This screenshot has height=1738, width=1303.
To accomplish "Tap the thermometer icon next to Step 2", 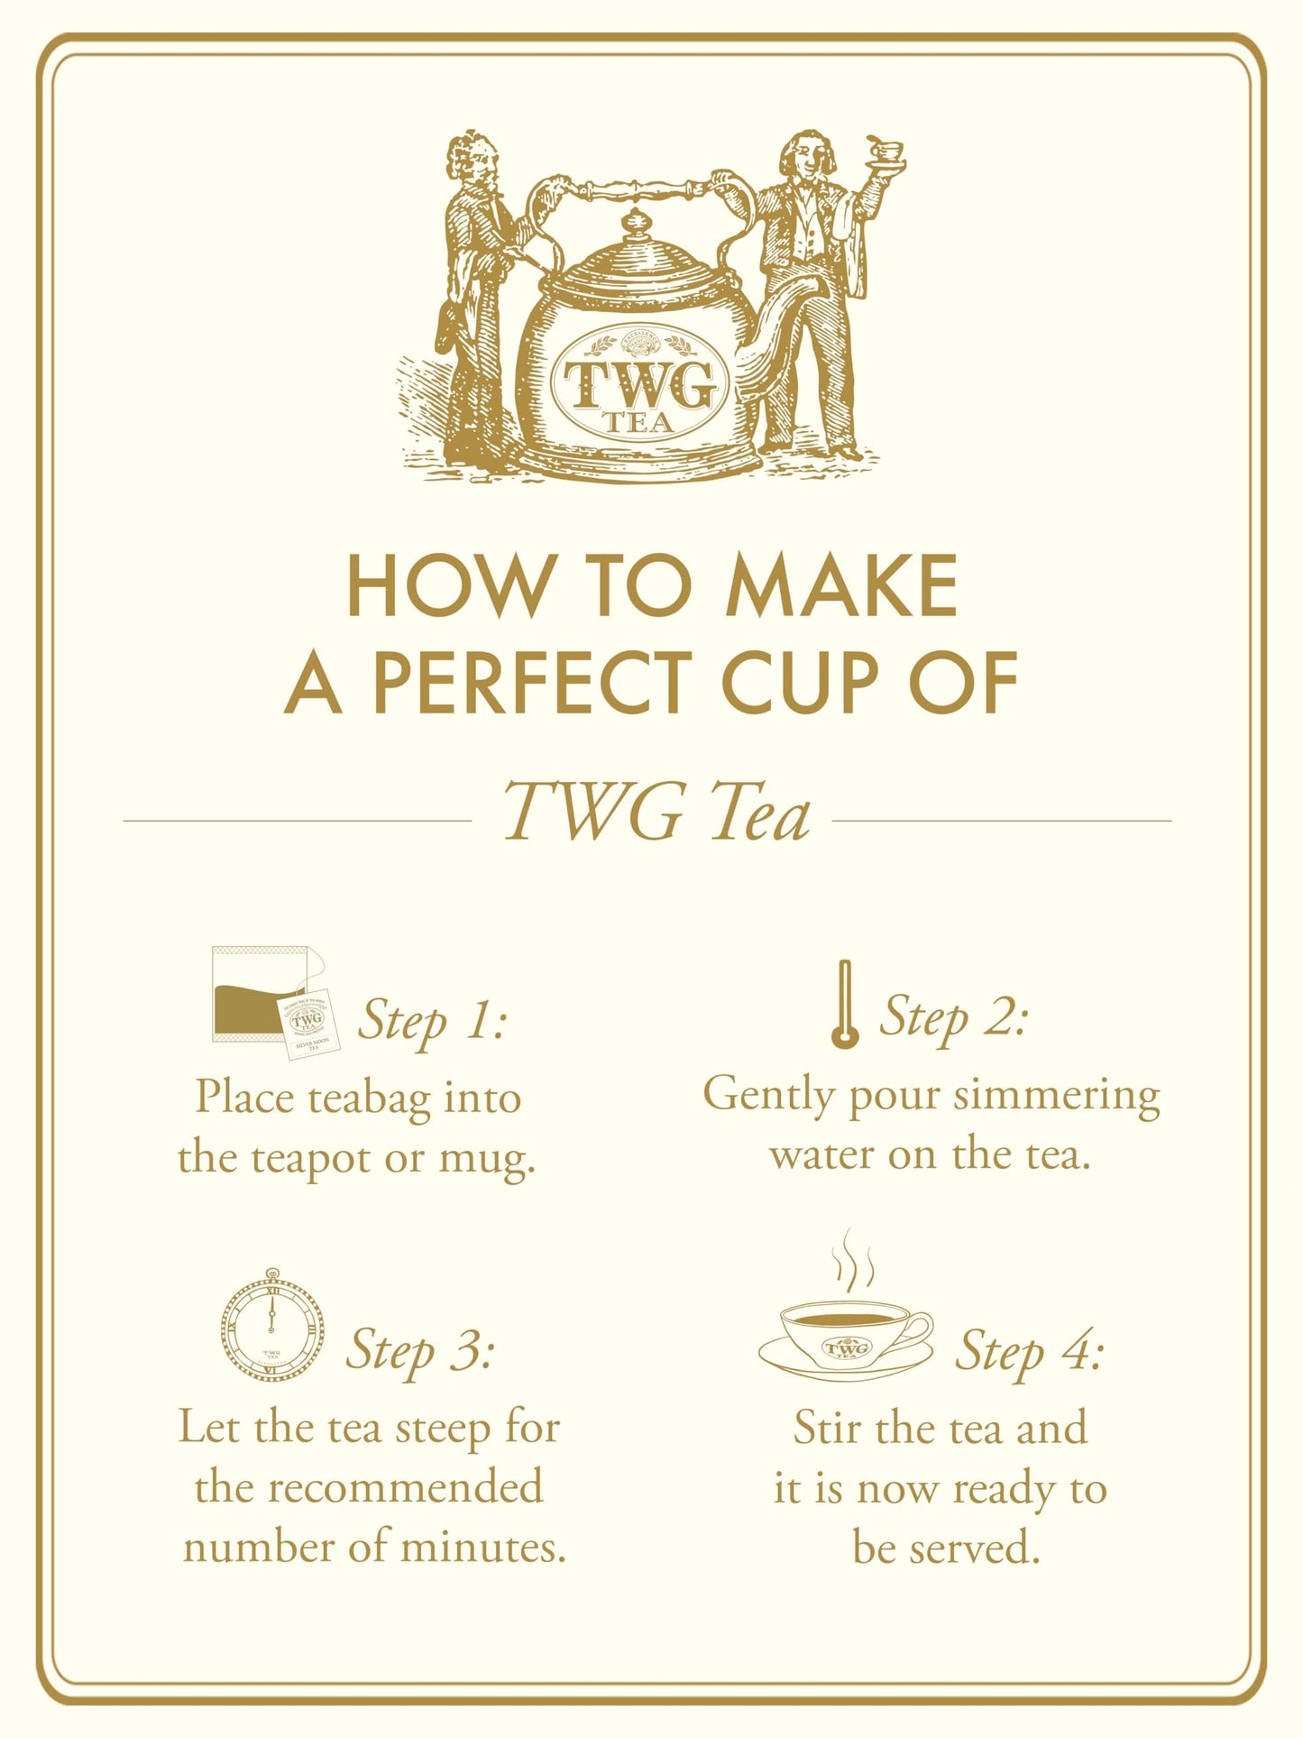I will tap(844, 1005).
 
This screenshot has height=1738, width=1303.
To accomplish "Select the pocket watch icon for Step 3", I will tap(272, 1326).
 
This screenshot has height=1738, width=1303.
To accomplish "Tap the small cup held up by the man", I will tap(885, 151).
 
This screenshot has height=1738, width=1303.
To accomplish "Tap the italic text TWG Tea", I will tap(656, 813).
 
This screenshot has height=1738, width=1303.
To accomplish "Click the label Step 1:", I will tap(432, 1021).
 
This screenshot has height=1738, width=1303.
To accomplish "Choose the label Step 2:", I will tap(953, 1016).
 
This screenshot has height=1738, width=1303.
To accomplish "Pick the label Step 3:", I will tap(420, 1349).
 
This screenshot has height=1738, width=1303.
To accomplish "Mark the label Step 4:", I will tap(1029, 1351).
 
